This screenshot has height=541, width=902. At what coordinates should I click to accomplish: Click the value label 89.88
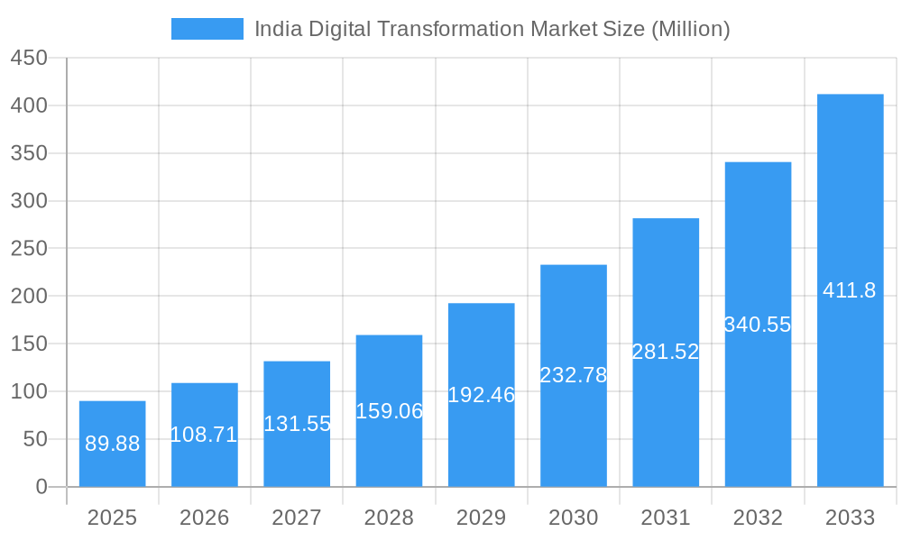pyautogui.click(x=112, y=444)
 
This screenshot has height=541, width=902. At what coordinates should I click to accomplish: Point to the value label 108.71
pyautogui.click(x=204, y=435)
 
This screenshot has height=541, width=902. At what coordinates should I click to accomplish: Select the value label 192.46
pyautogui.click(x=482, y=395)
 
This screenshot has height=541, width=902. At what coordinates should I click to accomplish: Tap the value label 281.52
pyautogui.click(x=666, y=352)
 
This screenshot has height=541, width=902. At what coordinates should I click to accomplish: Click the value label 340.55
pyautogui.click(x=758, y=325)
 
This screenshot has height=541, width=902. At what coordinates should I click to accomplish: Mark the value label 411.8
pyautogui.click(x=850, y=290)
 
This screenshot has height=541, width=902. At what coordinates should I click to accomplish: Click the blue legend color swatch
pyautogui.click(x=207, y=29)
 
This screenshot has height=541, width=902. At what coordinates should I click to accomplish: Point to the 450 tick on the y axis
pyautogui.click(x=29, y=58)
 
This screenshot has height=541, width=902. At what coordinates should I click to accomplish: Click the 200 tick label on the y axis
pyautogui.click(x=29, y=296)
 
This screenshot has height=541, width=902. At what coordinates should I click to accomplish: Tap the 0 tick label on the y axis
pyautogui.click(x=41, y=487)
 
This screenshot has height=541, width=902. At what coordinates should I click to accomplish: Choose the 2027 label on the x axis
pyautogui.click(x=297, y=518)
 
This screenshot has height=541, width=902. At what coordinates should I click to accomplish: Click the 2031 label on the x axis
pyautogui.click(x=666, y=518)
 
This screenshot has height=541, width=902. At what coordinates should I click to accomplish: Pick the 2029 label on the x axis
pyautogui.click(x=482, y=518)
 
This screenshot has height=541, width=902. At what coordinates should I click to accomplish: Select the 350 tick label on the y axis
pyautogui.click(x=29, y=153)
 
